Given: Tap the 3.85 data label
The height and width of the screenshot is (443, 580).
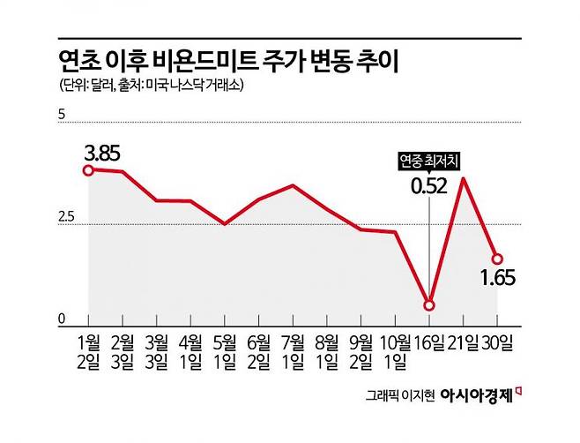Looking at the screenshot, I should (102, 151).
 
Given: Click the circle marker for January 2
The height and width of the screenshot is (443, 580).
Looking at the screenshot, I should (88, 169).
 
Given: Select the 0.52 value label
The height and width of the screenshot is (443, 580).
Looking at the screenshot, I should (429, 185).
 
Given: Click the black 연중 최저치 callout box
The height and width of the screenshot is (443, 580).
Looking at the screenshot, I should (429, 161).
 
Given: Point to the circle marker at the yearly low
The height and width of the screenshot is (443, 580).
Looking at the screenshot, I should (429, 305).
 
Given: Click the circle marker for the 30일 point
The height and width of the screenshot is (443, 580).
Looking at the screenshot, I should (497, 259).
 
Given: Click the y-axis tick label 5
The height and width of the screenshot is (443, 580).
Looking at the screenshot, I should (63, 115).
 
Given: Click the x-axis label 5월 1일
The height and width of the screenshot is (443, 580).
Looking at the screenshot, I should (226, 349).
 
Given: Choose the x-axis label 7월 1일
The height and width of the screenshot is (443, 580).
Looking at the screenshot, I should (294, 349).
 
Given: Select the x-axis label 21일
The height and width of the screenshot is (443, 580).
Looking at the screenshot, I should (464, 340).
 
